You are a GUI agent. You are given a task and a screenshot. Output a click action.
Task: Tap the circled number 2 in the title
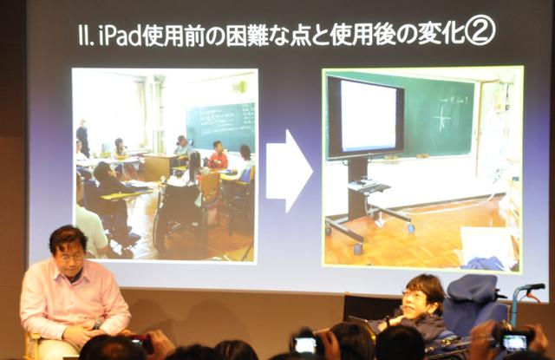[x=479, y=32]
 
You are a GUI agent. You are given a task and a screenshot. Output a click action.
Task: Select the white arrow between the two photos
[x=289, y=170]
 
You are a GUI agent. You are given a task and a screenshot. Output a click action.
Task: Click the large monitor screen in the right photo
[x=365, y=117]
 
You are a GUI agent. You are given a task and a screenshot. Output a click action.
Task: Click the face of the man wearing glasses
[x=417, y=296]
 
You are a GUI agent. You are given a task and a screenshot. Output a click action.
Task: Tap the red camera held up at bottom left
[x=136, y=343]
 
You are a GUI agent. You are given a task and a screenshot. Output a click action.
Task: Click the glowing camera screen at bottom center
[x=305, y=344]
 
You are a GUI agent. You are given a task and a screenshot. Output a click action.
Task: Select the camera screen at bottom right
[x=514, y=341]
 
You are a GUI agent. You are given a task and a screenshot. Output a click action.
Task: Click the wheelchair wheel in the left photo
[x=164, y=230]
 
